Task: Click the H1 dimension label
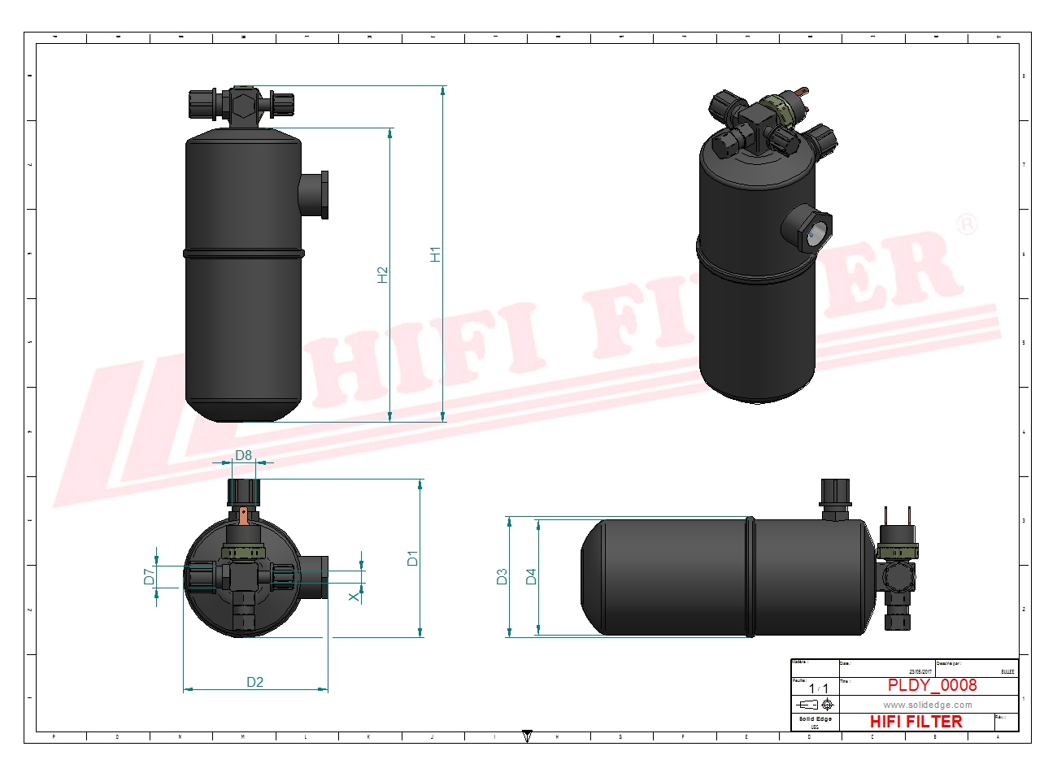[436, 254]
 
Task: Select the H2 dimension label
[383, 275]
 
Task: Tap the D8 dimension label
[243, 455]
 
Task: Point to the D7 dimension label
[149, 576]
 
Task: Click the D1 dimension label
[413, 558]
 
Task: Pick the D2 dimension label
[254, 682]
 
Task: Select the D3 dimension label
[502, 576]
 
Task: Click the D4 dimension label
[531, 576]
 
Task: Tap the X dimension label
[354, 597]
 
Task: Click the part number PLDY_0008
[932, 685]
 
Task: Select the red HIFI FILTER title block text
[916, 722]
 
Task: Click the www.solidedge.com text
[928, 705]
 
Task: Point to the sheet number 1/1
[818, 688]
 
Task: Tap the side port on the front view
[315, 195]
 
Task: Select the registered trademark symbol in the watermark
[965, 224]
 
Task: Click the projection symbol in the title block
[816, 705]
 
